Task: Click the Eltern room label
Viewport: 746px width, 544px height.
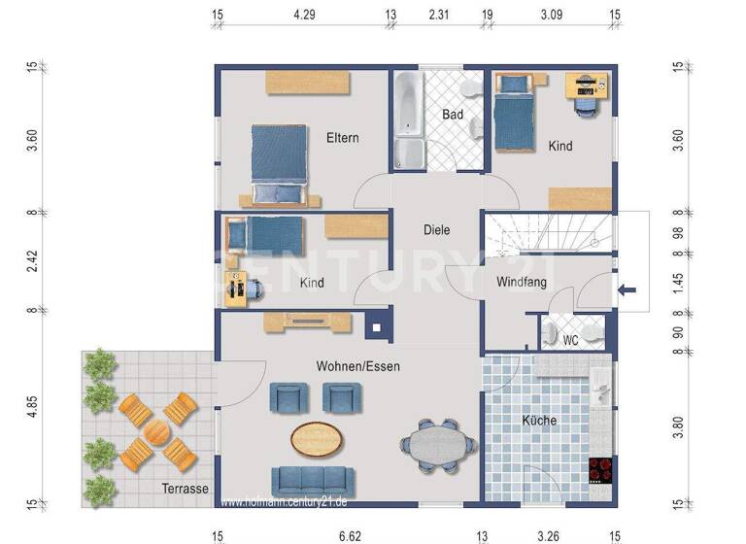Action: coord(341,138)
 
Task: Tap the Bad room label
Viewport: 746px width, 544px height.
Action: coord(452,115)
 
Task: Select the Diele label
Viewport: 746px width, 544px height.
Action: coord(437,230)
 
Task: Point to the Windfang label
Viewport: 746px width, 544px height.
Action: coord(522,283)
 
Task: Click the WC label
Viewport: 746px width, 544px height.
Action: coord(570,340)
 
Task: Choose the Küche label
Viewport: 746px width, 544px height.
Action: coord(539,421)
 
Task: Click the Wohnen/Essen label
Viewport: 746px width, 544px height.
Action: coord(357,366)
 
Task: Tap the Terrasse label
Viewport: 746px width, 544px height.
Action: coord(186,490)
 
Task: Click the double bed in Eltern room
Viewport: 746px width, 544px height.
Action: coord(280,162)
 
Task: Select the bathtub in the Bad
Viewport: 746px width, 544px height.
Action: coord(408,121)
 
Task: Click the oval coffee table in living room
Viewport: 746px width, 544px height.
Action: coord(317,437)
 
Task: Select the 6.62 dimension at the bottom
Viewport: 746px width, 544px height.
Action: coord(350,535)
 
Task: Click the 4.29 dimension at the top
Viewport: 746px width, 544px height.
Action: coord(304,15)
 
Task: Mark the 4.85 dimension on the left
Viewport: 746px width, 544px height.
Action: coord(32,407)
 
